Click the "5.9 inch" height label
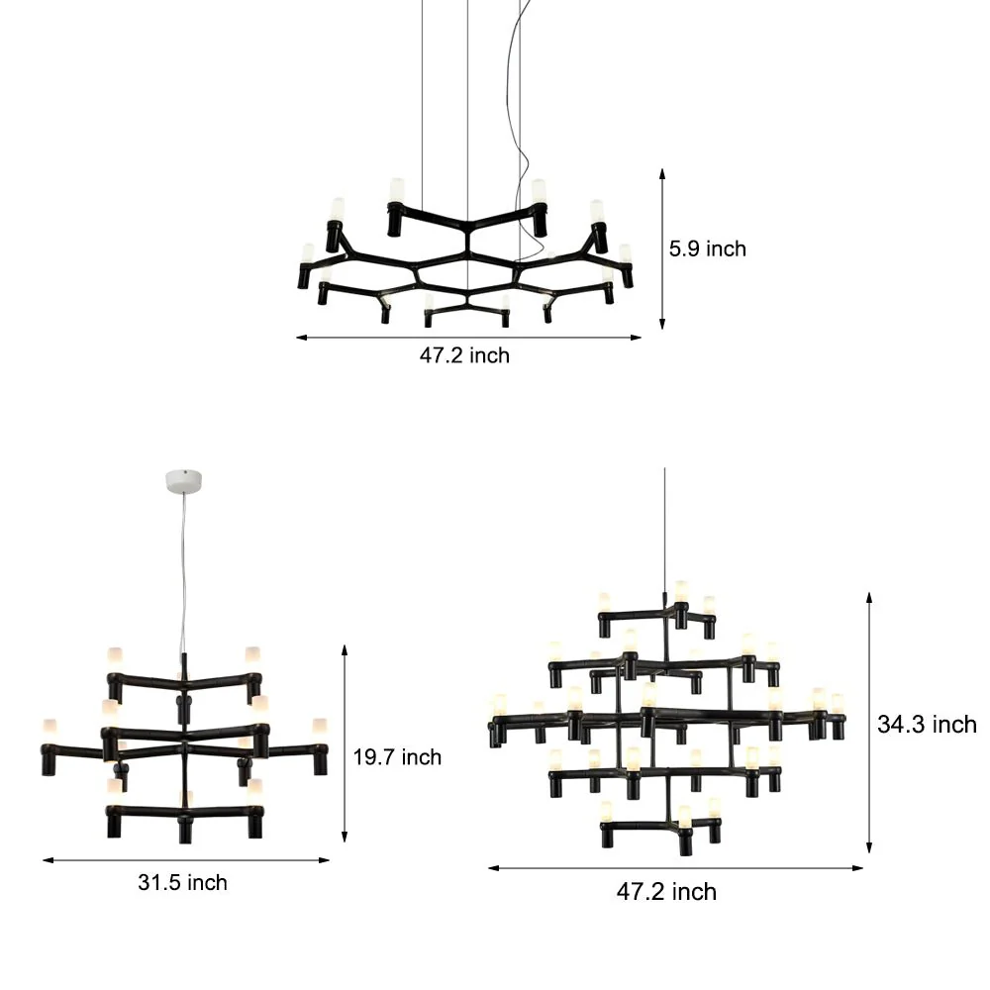[x=707, y=248]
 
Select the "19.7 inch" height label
[x=397, y=757]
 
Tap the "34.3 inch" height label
[x=927, y=725]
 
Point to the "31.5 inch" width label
[x=182, y=882]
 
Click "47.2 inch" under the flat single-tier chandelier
[x=464, y=355]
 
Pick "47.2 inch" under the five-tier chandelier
[x=666, y=892]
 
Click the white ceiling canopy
[x=184, y=482]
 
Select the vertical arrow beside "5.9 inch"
[x=662, y=248]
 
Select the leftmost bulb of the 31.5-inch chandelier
[x=47, y=729]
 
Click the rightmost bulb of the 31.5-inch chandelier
[x=319, y=729]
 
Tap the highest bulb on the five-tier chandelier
[x=681, y=590]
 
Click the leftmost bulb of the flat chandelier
[x=308, y=253]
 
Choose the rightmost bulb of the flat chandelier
[x=625, y=253]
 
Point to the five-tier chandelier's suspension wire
[x=664, y=525]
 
